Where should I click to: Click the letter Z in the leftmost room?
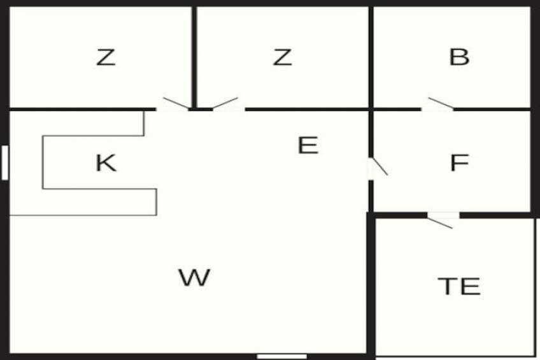tap(106, 57)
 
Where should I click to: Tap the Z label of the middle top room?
tap(282, 57)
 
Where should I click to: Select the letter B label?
tap(459, 57)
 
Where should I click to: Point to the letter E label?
tap(308, 145)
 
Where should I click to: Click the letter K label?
tap(106, 162)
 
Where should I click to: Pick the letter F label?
tap(459, 162)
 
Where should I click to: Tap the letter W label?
tap(194, 277)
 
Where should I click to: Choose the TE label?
tap(459, 286)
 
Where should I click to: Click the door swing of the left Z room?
tap(176, 103)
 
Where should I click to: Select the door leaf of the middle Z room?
tap(225, 103)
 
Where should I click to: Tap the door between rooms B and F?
tap(441, 103)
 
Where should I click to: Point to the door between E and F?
tap(379, 167)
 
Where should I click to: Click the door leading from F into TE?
tap(440, 223)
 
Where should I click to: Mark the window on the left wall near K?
tap(5, 162)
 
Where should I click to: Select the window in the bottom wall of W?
tap(281, 357)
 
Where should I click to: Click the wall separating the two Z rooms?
tap(194, 57)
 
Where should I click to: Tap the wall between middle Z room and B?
tap(371, 57)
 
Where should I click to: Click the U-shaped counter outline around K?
tap(43, 162)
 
